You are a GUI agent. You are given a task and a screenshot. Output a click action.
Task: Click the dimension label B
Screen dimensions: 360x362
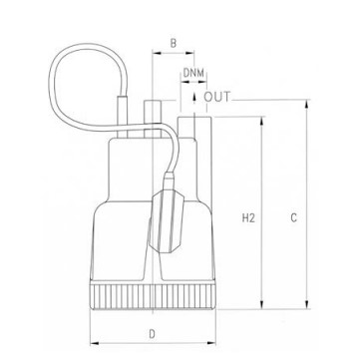[x=174, y=43]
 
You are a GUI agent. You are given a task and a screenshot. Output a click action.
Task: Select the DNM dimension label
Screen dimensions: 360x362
[x=193, y=73]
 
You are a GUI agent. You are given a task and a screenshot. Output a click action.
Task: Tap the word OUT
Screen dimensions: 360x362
[x=216, y=97]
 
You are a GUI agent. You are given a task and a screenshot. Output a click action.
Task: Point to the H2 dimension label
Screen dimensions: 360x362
[x=248, y=218]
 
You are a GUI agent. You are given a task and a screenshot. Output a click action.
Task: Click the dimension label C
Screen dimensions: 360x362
[x=293, y=218]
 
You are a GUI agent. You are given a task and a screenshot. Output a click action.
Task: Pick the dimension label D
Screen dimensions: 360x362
[x=152, y=334]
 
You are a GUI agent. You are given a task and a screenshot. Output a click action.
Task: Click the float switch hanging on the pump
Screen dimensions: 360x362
[x=168, y=219]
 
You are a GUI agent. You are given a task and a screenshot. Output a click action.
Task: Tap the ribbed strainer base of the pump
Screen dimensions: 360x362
[x=153, y=296]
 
